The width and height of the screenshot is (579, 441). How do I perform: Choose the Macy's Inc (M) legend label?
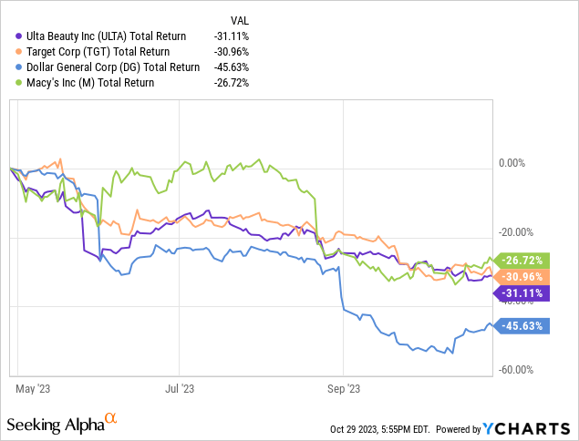coord(89,82)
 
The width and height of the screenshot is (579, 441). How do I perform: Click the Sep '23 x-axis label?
coord(342,388)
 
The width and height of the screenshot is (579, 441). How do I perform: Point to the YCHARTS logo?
coord(528,428)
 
